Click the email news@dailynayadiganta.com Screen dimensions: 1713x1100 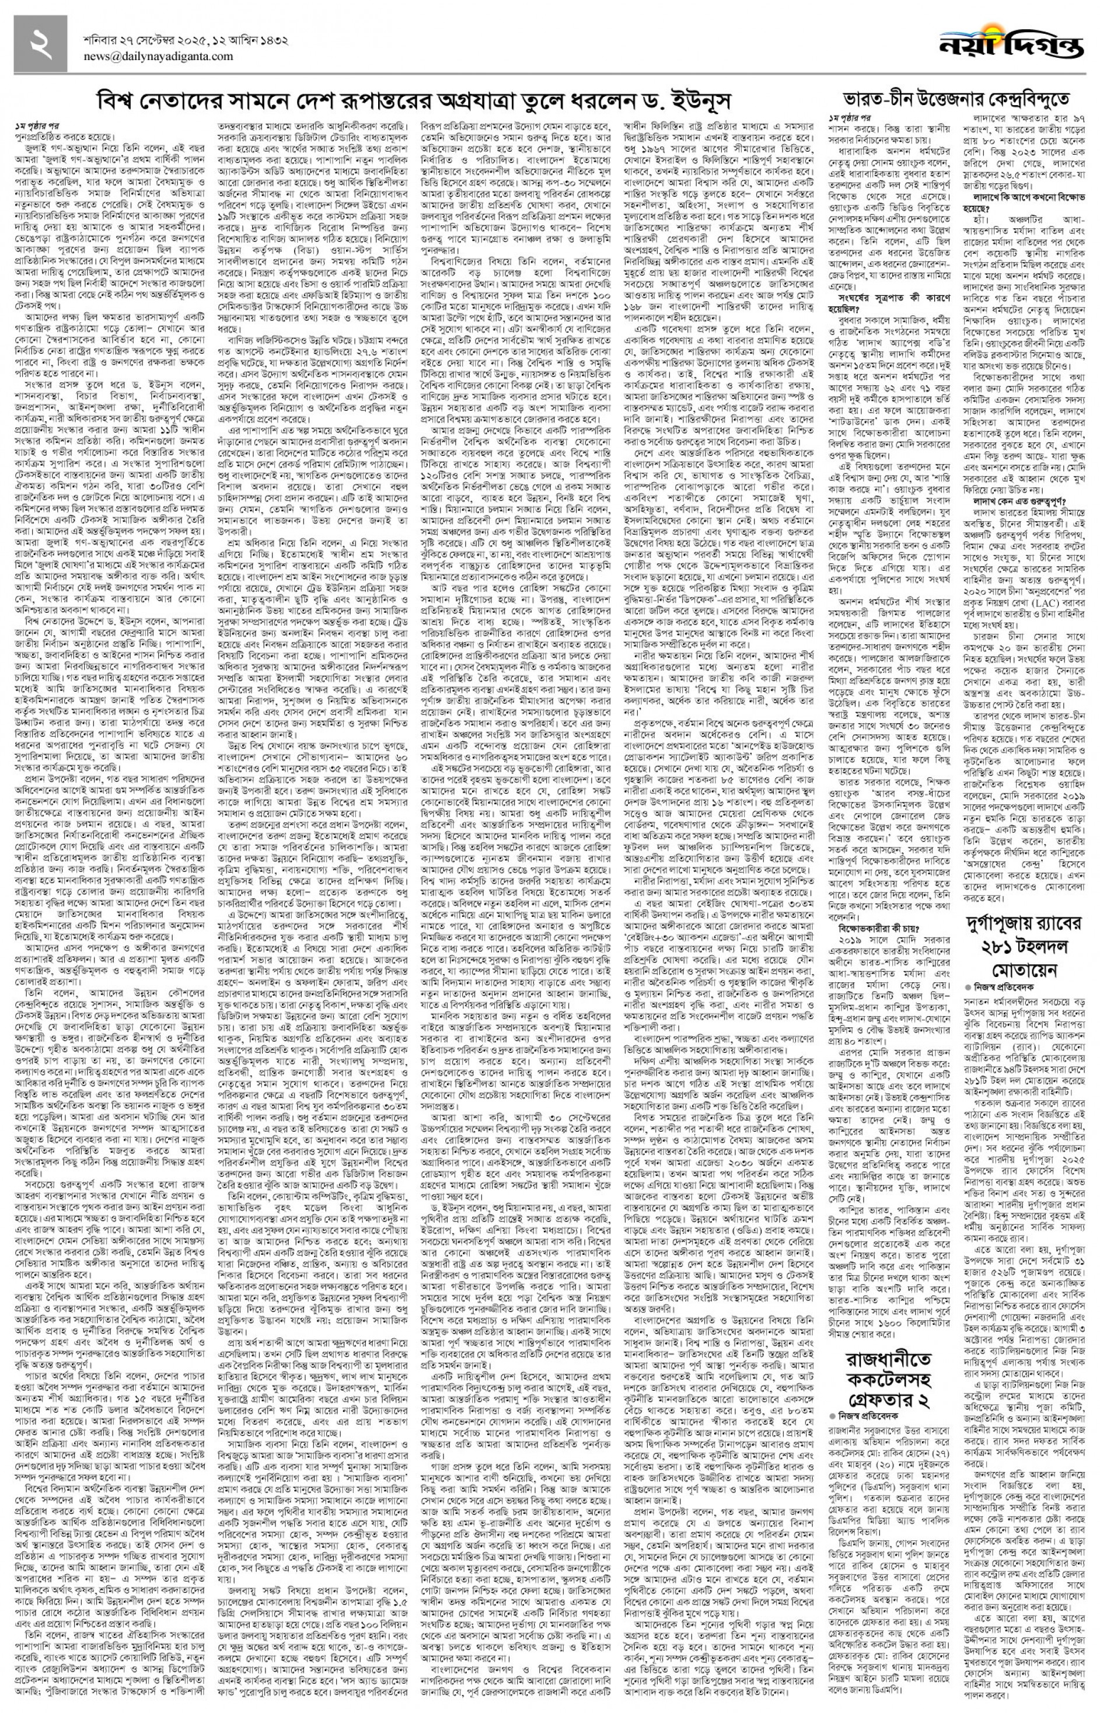[158, 57]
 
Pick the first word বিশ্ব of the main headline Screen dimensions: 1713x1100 [117, 99]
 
